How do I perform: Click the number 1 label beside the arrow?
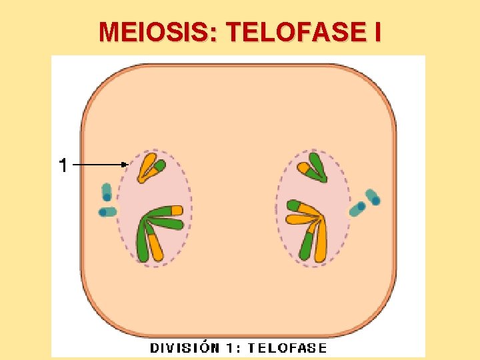point(63,165)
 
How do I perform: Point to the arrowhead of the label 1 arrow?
point(126,163)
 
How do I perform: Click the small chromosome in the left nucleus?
point(150,168)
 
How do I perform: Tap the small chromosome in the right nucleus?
point(313,168)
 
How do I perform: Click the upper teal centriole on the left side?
point(106,192)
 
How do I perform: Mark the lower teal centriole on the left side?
point(107,212)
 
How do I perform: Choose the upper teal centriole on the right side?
point(373,197)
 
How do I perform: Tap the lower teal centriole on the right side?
point(358,209)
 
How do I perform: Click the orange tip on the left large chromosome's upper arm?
point(176,210)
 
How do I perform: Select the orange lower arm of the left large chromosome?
point(155,247)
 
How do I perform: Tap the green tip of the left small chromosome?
point(159,165)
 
